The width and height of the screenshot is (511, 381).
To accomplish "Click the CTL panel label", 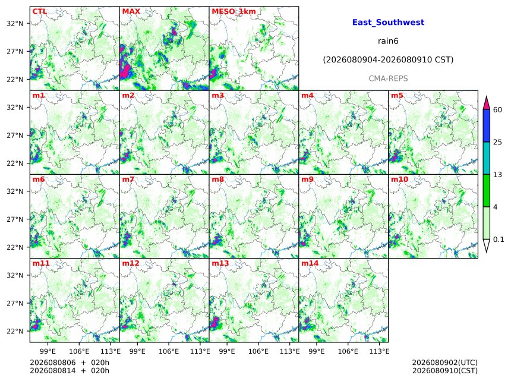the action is pos(40,11).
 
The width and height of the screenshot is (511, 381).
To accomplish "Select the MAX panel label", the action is pos(131,11).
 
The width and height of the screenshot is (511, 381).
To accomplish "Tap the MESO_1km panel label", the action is pos(234,11).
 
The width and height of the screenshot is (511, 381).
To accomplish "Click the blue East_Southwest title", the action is pos(388,23).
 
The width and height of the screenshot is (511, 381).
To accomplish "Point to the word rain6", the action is pos(388,41).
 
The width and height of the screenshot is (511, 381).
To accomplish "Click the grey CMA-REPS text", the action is pos(388,78).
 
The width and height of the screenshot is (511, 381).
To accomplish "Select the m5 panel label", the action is pos(397,96).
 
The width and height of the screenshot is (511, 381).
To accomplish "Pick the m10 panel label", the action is pos(399,180).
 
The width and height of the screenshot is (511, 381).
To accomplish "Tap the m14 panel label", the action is pos(310,263).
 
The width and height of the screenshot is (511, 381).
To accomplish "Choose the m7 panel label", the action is pos(128,180).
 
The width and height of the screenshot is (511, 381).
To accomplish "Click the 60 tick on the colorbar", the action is pos(497,109).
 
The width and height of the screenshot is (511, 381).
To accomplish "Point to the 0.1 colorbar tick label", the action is pos(499,240).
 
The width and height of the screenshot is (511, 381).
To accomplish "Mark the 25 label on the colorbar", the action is pos(497,142).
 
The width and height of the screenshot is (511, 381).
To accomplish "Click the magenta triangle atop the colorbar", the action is pos(486,103).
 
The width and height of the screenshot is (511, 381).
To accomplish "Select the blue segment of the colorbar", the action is pos(486,126).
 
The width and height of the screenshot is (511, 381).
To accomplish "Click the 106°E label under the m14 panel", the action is pos(348,351).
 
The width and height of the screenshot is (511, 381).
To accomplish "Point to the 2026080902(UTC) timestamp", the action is pos(445,363).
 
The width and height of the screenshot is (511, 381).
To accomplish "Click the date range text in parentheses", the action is pos(388,60).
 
